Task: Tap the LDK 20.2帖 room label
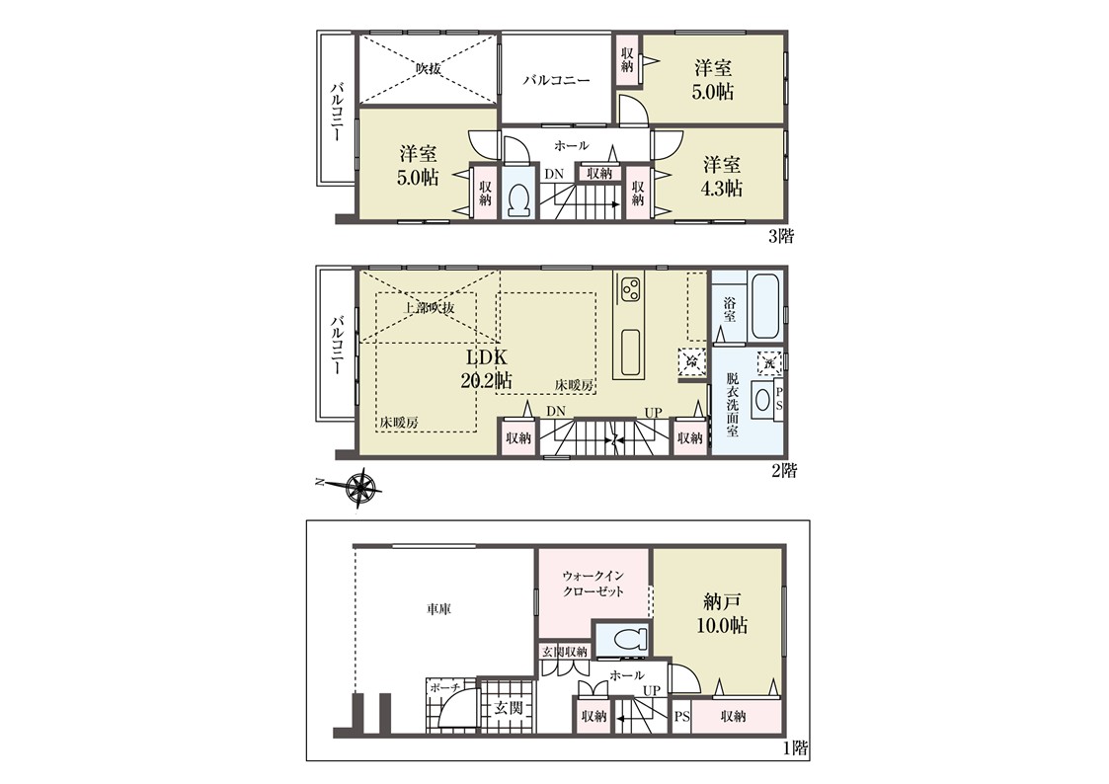pyautogui.click(x=486, y=367)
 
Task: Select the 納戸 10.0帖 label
pyautogui.click(x=722, y=613)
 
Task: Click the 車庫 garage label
pyautogui.click(x=438, y=608)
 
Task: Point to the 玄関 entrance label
pyautogui.click(x=509, y=707)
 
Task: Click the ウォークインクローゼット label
pyautogui.click(x=593, y=584)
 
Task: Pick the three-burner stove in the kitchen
pyautogui.click(x=630, y=287)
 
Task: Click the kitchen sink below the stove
pyautogui.click(x=630, y=353)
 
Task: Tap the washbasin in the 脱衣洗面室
pyautogui.click(x=761, y=399)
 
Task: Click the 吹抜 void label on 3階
pyautogui.click(x=429, y=69)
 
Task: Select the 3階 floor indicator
pyautogui.click(x=781, y=237)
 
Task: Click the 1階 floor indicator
pyautogui.click(x=796, y=747)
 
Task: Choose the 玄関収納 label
pyautogui.click(x=565, y=651)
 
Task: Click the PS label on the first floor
pyautogui.click(x=681, y=717)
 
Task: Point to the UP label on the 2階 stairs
pyautogui.click(x=654, y=412)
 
